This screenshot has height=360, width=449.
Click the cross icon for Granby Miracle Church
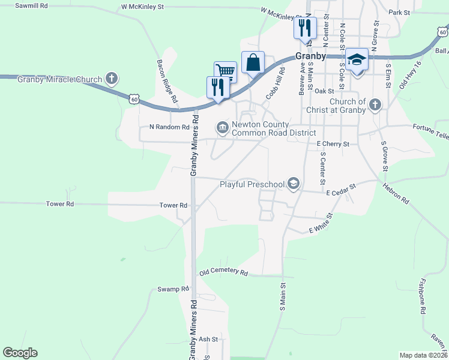pyautogui.click(x=111, y=78)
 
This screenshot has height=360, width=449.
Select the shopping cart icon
pyautogui.click(x=225, y=71)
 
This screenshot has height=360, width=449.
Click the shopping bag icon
pyautogui.click(x=253, y=62)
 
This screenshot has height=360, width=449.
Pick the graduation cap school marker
pyautogui.click(x=357, y=59)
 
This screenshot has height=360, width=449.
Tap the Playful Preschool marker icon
pyautogui.click(x=294, y=184)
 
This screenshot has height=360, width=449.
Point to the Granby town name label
pyautogui.click(x=311, y=56)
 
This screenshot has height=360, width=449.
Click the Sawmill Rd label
pyautogui.click(x=31, y=5)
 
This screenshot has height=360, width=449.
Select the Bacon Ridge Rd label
pyautogui.click(x=167, y=80)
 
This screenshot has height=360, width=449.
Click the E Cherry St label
pyautogui.click(x=333, y=144)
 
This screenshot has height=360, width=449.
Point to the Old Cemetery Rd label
pyautogui.click(x=223, y=272)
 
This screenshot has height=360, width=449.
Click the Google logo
pyautogui.click(x=20, y=353)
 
